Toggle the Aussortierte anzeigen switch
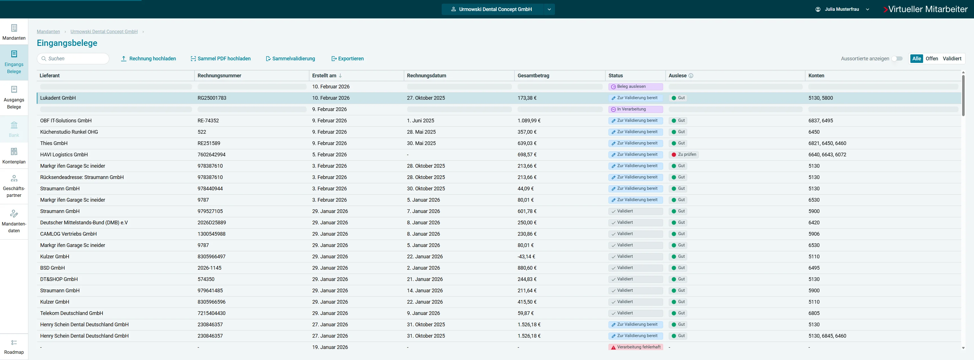click(x=897, y=59)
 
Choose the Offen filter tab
click(x=932, y=59)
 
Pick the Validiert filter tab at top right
click(x=952, y=59)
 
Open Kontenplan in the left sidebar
click(x=14, y=156)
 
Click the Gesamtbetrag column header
click(x=533, y=76)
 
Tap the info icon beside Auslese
click(x=691, y=76)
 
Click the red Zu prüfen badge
click(x=684, y=155)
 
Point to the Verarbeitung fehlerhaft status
click(x=636, y=347)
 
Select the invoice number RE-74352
click(x=208, y=121)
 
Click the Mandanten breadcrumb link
click(x=48, y=32)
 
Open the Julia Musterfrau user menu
click(x=842, y=9)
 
